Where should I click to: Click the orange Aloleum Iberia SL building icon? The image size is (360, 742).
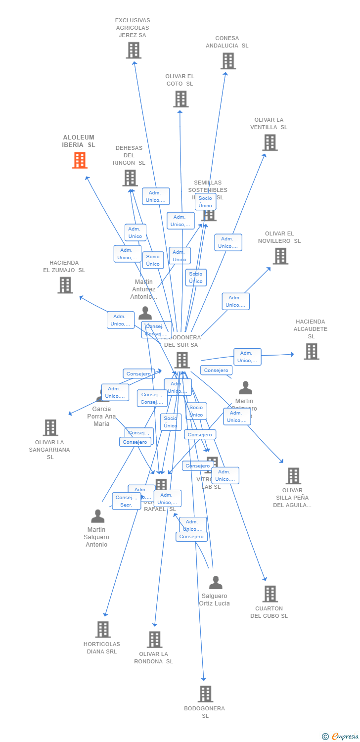tap(80, 160)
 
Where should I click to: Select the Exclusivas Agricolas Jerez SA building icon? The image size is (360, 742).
tap(134, 50)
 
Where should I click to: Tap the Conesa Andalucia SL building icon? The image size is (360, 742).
tap(228, 61)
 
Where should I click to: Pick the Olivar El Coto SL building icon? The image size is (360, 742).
tap(180, 99)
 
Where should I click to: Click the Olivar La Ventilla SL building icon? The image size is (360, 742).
tap(270, 142)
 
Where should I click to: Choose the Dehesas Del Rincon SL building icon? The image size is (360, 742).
tap(130, 178)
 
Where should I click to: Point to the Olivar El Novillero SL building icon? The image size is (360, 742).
tap(280, 256)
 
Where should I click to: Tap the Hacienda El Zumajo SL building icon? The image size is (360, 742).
tap(65, 285)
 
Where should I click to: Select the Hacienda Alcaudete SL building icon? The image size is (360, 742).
tap(311, 351)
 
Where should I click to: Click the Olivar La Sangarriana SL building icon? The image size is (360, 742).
tap(50, 428)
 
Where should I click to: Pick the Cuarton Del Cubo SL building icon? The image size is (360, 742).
tap(270, 594)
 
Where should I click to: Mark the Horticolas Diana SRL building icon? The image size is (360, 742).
tap(103, 629)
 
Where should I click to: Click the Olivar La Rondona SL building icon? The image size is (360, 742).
tap(154, 639)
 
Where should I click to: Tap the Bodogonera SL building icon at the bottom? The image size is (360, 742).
tap(205, 694)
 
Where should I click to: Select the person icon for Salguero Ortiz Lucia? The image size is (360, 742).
tap(216, 582)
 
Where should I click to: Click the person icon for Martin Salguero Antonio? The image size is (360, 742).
tap(98, 516)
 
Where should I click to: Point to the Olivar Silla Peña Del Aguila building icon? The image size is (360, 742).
tap(293, 476)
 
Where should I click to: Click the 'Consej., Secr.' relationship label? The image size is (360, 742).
tap(126, 501)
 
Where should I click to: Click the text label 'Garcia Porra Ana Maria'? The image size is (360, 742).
tap(101, 416)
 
